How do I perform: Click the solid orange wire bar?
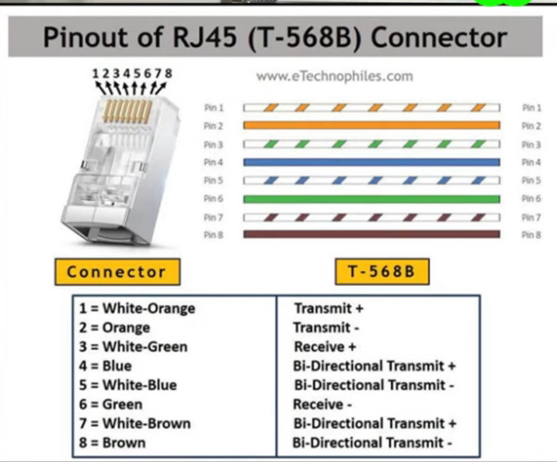click(x=372, y=125)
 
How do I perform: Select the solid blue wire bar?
click(x=372, y=162)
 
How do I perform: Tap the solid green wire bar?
click(x=372, y=199)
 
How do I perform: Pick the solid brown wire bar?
click(x=372, y=234)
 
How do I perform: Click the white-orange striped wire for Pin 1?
click(x=372, y=108)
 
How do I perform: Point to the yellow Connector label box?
click(x=117, y=272)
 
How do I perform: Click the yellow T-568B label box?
click(x=382, y=272)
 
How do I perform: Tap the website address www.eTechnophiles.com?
click(x=335, y=76)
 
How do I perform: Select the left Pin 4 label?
click(x=213, y=162)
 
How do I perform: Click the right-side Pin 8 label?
click(x=531, y=235)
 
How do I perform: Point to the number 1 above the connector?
click(x=95, y=73)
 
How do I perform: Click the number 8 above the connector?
click(x=169, y=73)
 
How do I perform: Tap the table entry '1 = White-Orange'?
click(x=137, y=308)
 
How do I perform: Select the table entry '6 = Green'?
click(x=111, y=404)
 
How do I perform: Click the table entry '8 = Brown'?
click(x=112, y=443)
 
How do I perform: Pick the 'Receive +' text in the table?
click(x=324, y=346)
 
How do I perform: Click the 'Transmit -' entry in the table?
click(x=326, y=327)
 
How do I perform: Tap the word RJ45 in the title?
click(x=205, y=37)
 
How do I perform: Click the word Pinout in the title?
click(x=85, y=37)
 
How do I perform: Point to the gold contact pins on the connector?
click(x=128, y=111)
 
